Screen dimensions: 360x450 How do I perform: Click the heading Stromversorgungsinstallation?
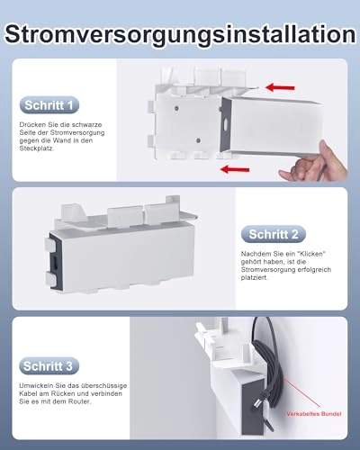click(x=180, y=33)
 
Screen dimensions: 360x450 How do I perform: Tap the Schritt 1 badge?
click(x=49, y=105)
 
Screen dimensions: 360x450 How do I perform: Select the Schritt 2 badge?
click(x=274, y=234)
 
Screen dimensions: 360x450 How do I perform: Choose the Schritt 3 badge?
click(x=49, y=366)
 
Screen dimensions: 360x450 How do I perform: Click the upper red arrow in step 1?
click(x=280, y=87)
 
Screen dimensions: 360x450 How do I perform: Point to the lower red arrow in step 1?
click(x=235, y=169)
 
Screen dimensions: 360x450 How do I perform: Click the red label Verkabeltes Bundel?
click(x=314, y=414)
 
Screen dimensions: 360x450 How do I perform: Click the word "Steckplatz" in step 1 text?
click(x=37, y=148)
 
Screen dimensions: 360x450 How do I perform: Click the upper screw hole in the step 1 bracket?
click(x=176, y=108)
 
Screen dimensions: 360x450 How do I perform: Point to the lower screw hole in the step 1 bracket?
click(x=198, y=140)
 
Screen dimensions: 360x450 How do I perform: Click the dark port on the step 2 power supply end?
click(x=56, y=262)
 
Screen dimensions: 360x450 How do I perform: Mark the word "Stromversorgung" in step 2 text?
click(x=267, y=270)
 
